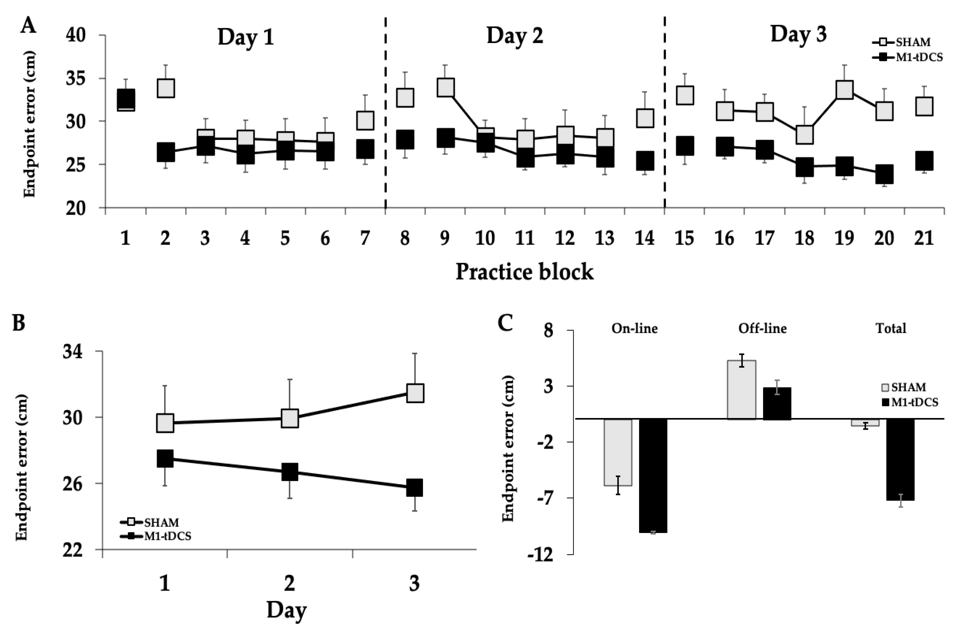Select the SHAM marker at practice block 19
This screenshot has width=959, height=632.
point(844,90)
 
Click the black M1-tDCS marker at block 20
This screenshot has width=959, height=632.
point(884,174)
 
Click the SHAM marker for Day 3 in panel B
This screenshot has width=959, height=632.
point(415,393)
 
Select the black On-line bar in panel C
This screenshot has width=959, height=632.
point(654,476)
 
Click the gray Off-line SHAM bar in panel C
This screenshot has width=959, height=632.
point(741,390)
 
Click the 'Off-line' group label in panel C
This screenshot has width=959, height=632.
point(762,328)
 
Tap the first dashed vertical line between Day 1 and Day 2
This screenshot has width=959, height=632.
point(386,113)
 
